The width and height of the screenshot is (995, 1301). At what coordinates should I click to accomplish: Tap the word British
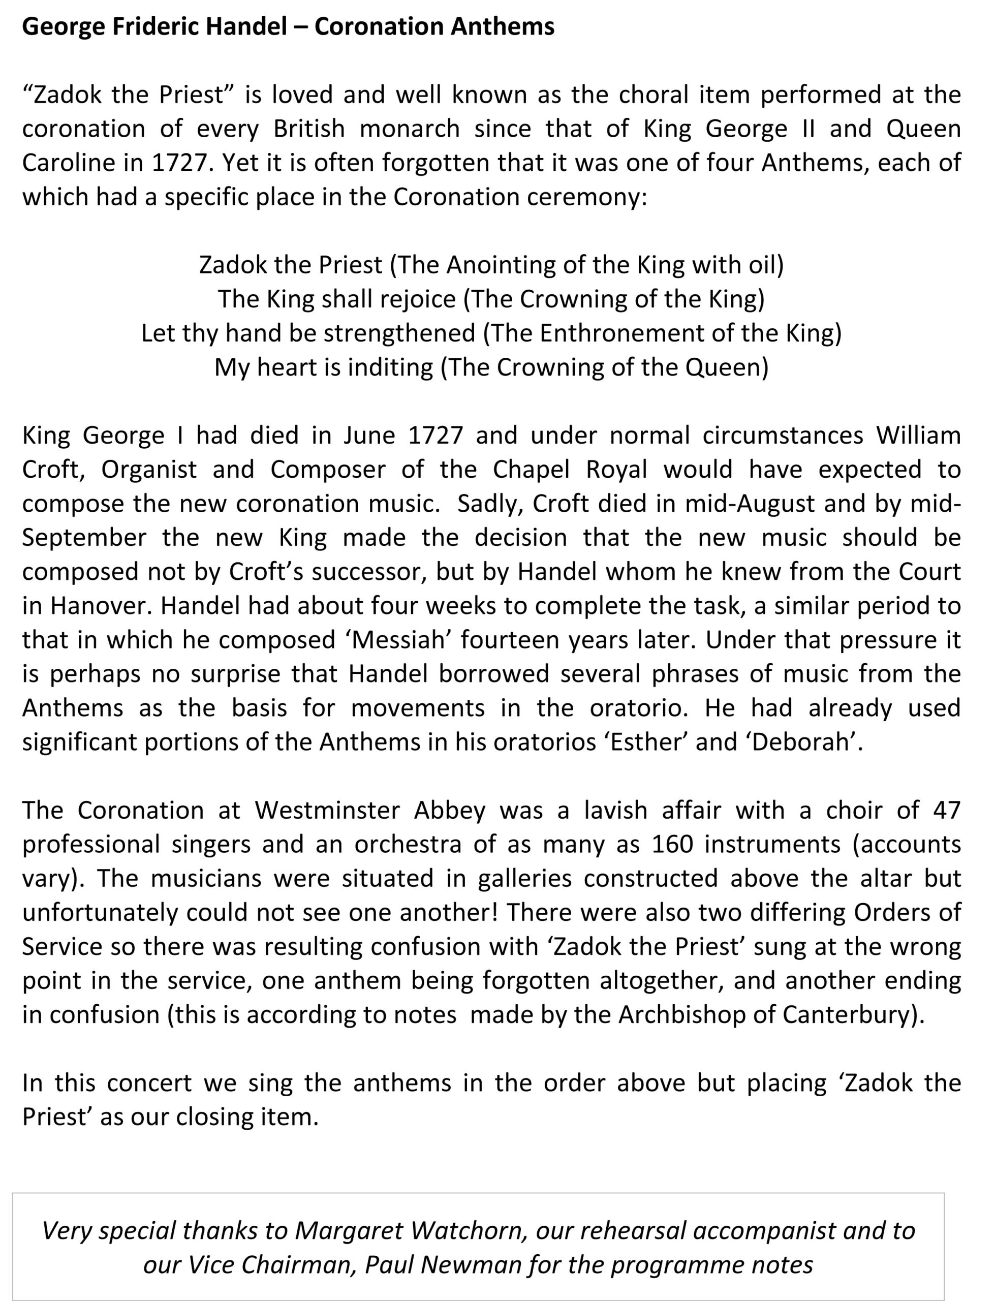(x=309, y=129)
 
